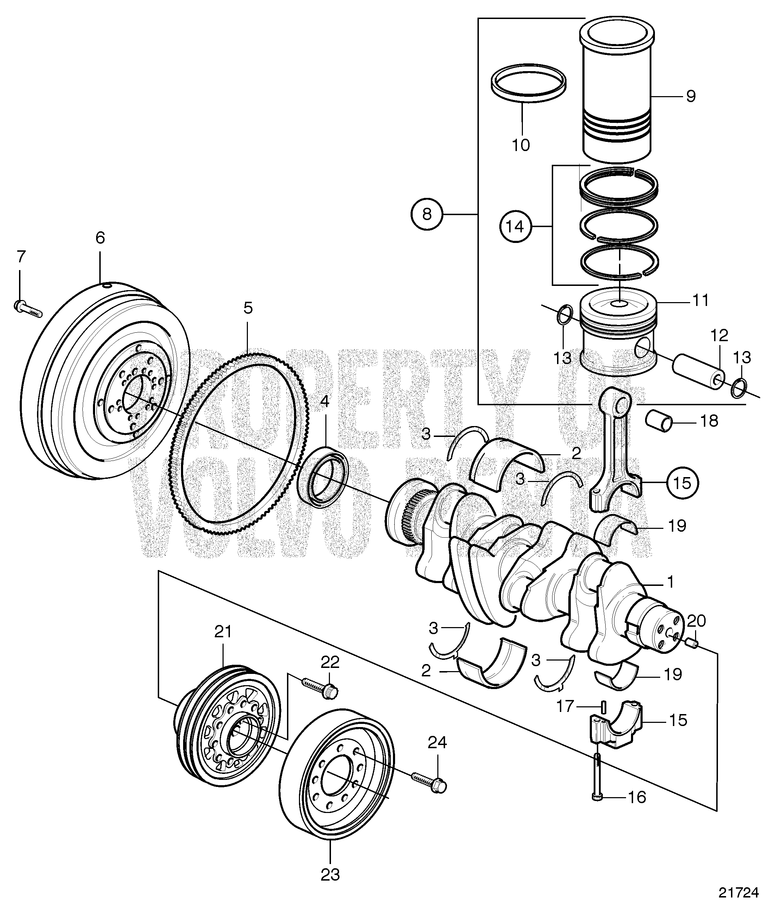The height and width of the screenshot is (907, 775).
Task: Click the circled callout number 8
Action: [427, 214]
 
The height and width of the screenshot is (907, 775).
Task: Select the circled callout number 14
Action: [515, 226]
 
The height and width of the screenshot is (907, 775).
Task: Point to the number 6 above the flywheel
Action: [100, 238]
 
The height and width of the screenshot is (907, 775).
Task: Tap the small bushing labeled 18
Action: [659, 422]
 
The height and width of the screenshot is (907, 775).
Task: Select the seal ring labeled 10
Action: [521, 83]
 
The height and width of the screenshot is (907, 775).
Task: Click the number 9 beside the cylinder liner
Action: [691, 96]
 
